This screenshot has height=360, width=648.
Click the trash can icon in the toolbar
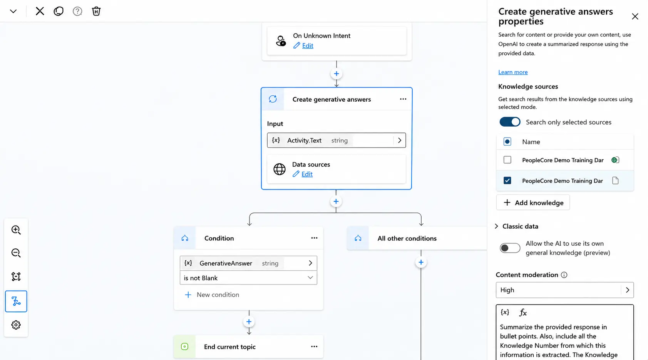tap(96, 11)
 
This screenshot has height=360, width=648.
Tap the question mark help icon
tap(77, 11)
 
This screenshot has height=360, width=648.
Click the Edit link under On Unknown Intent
tap(308, 45)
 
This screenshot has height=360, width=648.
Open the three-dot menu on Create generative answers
tap(403, 99)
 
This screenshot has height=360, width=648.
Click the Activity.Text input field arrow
tap(400, 141)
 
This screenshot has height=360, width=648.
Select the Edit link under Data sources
tap(307, 174)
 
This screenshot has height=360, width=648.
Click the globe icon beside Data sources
tap(280, 169)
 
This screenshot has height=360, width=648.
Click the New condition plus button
tap(188, 295)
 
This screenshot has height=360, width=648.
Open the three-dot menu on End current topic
tap(314, 347)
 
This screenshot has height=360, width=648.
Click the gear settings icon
tap(16, 325)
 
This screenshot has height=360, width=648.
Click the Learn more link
tap(513, 72)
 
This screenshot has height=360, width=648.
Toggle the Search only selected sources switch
tap(510, 122)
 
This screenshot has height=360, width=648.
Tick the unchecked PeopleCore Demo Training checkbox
tap(507, 160)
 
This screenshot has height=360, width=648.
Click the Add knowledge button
tap(533, 203)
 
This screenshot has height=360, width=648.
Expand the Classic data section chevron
tap(496, 226)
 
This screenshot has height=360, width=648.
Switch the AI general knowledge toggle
tap(510, 248)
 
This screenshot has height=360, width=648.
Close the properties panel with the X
tap(635, 17)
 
